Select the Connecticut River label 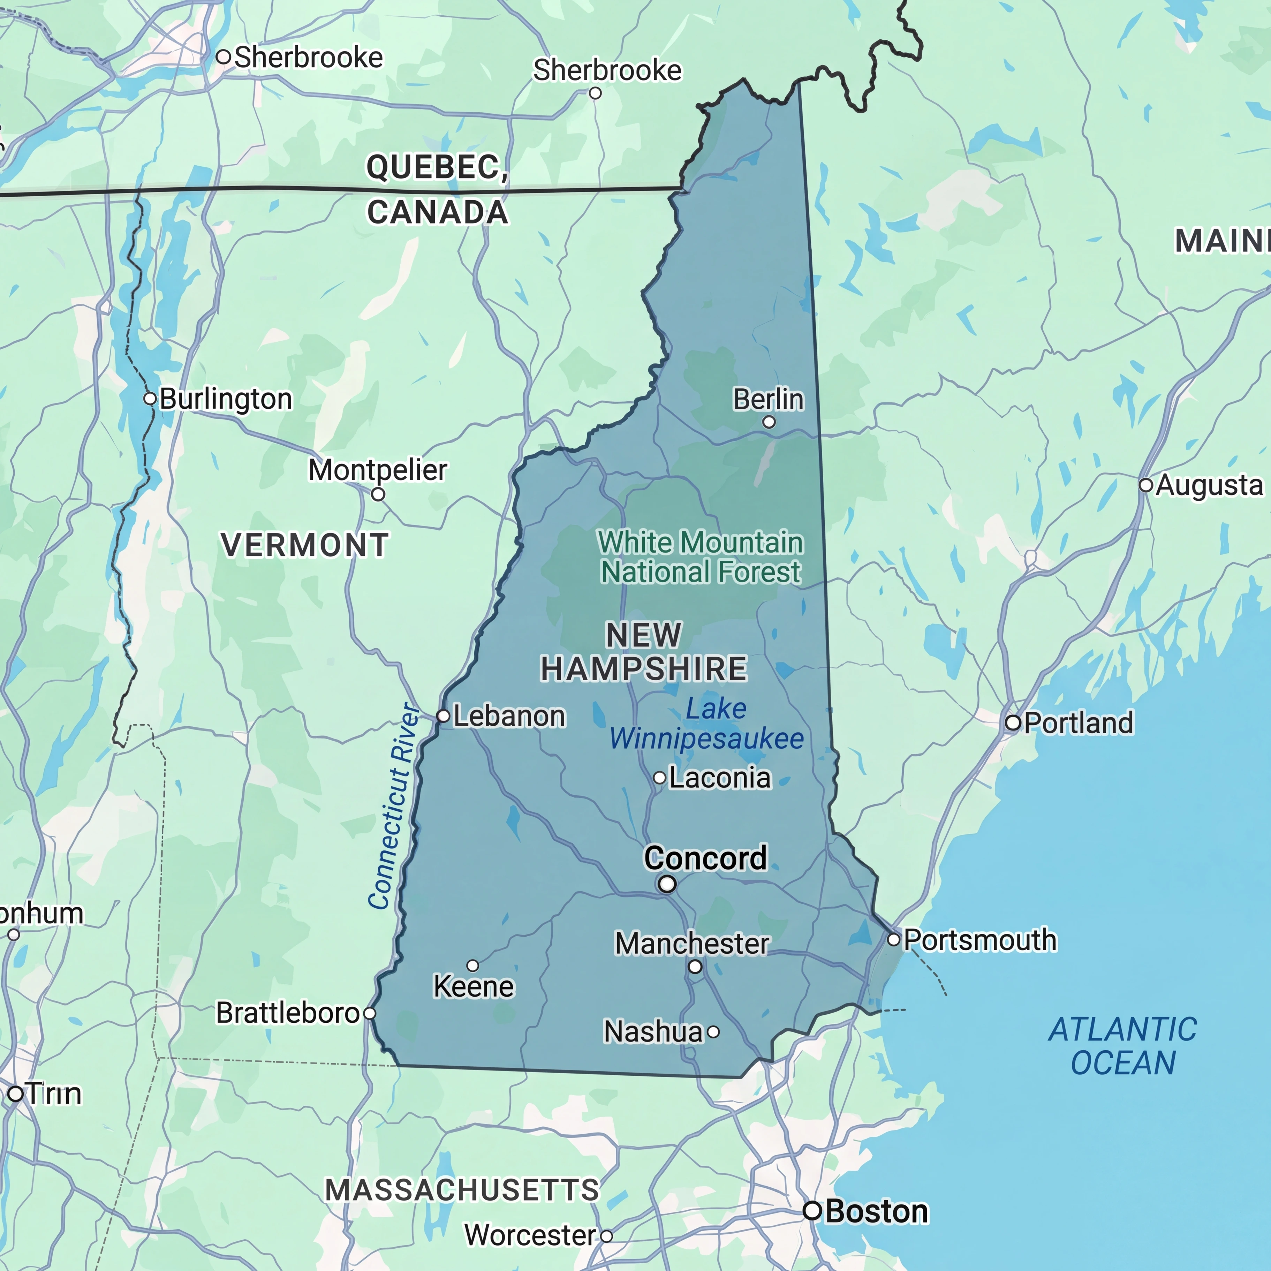point(393,806)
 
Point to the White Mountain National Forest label point(701,557)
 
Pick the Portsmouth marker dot point(893,939)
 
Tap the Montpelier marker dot point(378,494)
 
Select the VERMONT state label point(305,545)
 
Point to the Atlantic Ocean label point(1123,1046)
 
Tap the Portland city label point(1079,723)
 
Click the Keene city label point(474,986)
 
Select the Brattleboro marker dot point(370,1013)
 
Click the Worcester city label point(530,1235)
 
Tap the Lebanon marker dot point(444,716)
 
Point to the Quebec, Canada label point(438,189)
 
